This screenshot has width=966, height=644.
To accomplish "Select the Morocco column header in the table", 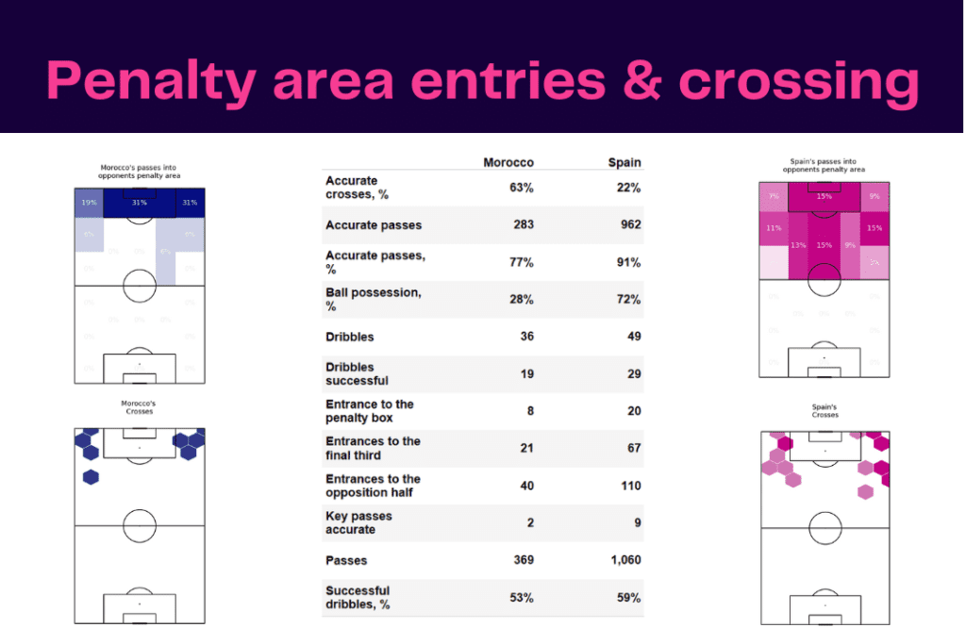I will click(x=508, y=162).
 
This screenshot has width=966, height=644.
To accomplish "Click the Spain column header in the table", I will click(x=625, y=162).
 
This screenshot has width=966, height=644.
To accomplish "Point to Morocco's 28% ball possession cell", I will click(x=521, y=299).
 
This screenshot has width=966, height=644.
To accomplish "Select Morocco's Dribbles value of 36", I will click(x=525, y=337).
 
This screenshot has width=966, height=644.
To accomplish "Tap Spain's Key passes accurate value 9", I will click(x=637, y=522).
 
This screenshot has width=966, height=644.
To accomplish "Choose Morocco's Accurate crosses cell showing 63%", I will click(x=521, y=188).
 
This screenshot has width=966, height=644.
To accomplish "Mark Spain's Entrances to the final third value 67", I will click(x=632, y=448).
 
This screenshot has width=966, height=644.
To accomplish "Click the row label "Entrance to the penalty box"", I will click(x=370, y=411).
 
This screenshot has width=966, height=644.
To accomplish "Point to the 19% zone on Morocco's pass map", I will click(x=88, y=203).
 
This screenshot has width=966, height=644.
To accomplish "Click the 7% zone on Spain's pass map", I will click(x=774, y=196).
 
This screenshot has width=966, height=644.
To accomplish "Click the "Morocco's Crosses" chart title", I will click(x=139, y=408).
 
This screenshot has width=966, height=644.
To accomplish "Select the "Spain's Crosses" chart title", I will click(x=824, y=411).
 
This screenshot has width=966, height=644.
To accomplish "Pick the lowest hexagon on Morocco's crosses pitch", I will click(x=91, y=477).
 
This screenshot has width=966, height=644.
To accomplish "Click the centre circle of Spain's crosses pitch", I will click(x=825, y=527).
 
